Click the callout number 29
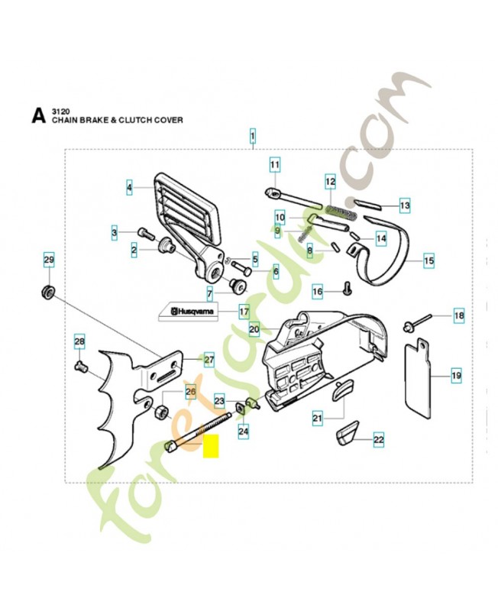(49, 260)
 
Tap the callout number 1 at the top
(253, 137)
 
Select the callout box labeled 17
(244, 312)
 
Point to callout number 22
(378, 440)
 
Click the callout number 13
(405, 205)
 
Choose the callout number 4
(129, 188)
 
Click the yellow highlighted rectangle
(211, 446)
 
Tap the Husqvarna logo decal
(187, 312)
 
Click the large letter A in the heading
(38, 116)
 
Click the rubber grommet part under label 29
(49, 293)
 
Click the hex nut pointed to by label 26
(160, 412)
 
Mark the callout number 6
(276, 272)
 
